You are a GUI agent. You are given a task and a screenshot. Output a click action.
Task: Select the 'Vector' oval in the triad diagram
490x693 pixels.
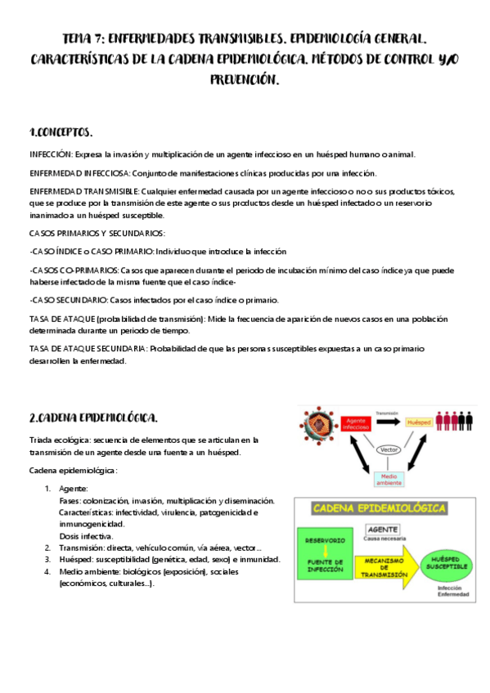click(x=391, y=449)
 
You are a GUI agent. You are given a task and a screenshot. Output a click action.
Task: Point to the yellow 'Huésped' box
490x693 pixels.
click(x=418, y=423)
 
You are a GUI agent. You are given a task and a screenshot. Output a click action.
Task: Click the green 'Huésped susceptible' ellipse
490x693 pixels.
click(x=443, y=564)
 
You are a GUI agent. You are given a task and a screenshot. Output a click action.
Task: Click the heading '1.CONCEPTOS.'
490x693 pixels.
click(x=61, y=132)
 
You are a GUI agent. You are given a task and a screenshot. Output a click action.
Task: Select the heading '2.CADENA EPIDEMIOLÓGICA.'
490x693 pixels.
click(x=92, y=418)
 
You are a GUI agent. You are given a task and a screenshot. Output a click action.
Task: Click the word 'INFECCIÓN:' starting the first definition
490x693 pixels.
click(x=52, y=154)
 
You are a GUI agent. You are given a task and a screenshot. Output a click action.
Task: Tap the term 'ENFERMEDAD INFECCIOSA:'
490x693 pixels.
click(x=79, y=173)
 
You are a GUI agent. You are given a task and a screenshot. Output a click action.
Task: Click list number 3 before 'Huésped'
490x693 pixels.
click(x=47, y=560)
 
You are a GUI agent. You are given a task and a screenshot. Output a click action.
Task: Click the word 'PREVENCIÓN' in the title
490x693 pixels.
click(x=244, y=80)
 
